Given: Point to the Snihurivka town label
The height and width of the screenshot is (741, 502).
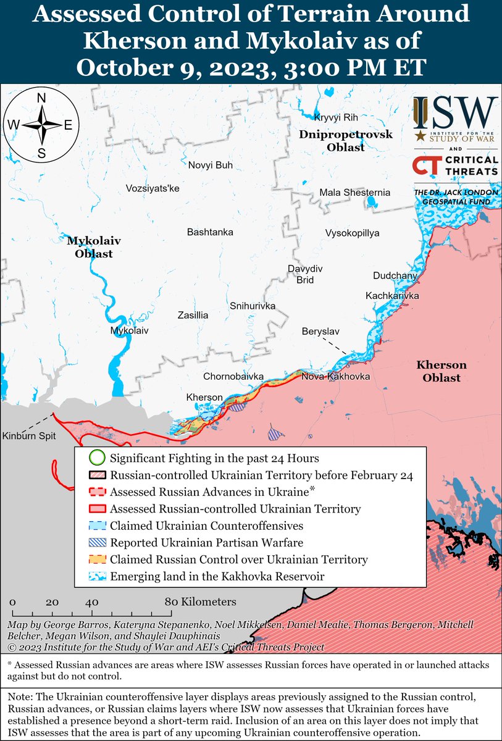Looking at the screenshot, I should (252, 306).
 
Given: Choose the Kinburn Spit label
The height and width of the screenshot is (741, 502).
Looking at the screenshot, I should (28, 436).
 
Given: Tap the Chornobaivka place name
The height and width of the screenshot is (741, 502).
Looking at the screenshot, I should (234, 376).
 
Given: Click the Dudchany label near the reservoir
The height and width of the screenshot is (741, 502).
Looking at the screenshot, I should (395, 275).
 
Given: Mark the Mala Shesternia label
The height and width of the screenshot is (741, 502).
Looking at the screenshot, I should (354, 193).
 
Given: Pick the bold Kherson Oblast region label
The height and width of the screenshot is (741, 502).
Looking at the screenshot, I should (441, 371).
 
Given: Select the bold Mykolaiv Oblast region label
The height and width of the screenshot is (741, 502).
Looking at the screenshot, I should (90, 247).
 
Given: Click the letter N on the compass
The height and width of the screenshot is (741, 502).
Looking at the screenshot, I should (41, 98).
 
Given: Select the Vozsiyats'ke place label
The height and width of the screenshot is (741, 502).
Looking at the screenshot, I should (152, 188).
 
